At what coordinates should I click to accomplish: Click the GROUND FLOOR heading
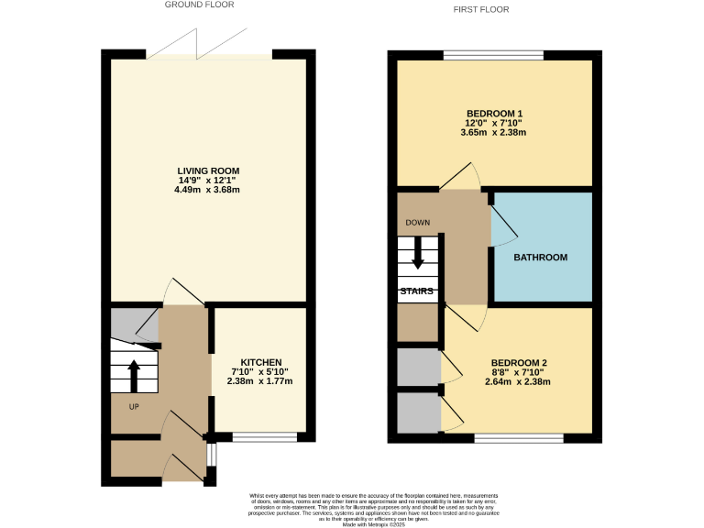[x=199, y=5]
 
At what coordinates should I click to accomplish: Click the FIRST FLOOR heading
[x=481, y=9]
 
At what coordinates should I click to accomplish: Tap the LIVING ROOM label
[x=208, y=171]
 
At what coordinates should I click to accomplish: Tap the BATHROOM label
[x=540, y=258]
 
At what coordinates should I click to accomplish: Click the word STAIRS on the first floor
[x=416, y=291]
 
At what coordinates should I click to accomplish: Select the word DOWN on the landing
[x=418, y=223]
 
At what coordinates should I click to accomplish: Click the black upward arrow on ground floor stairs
[x=133, y=375]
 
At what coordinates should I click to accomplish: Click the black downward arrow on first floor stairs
[x=418, y=252]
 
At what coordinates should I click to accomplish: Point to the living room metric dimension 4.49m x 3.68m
[x=208, y=191]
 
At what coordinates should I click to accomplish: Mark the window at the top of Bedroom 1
[x=493, y=55]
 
